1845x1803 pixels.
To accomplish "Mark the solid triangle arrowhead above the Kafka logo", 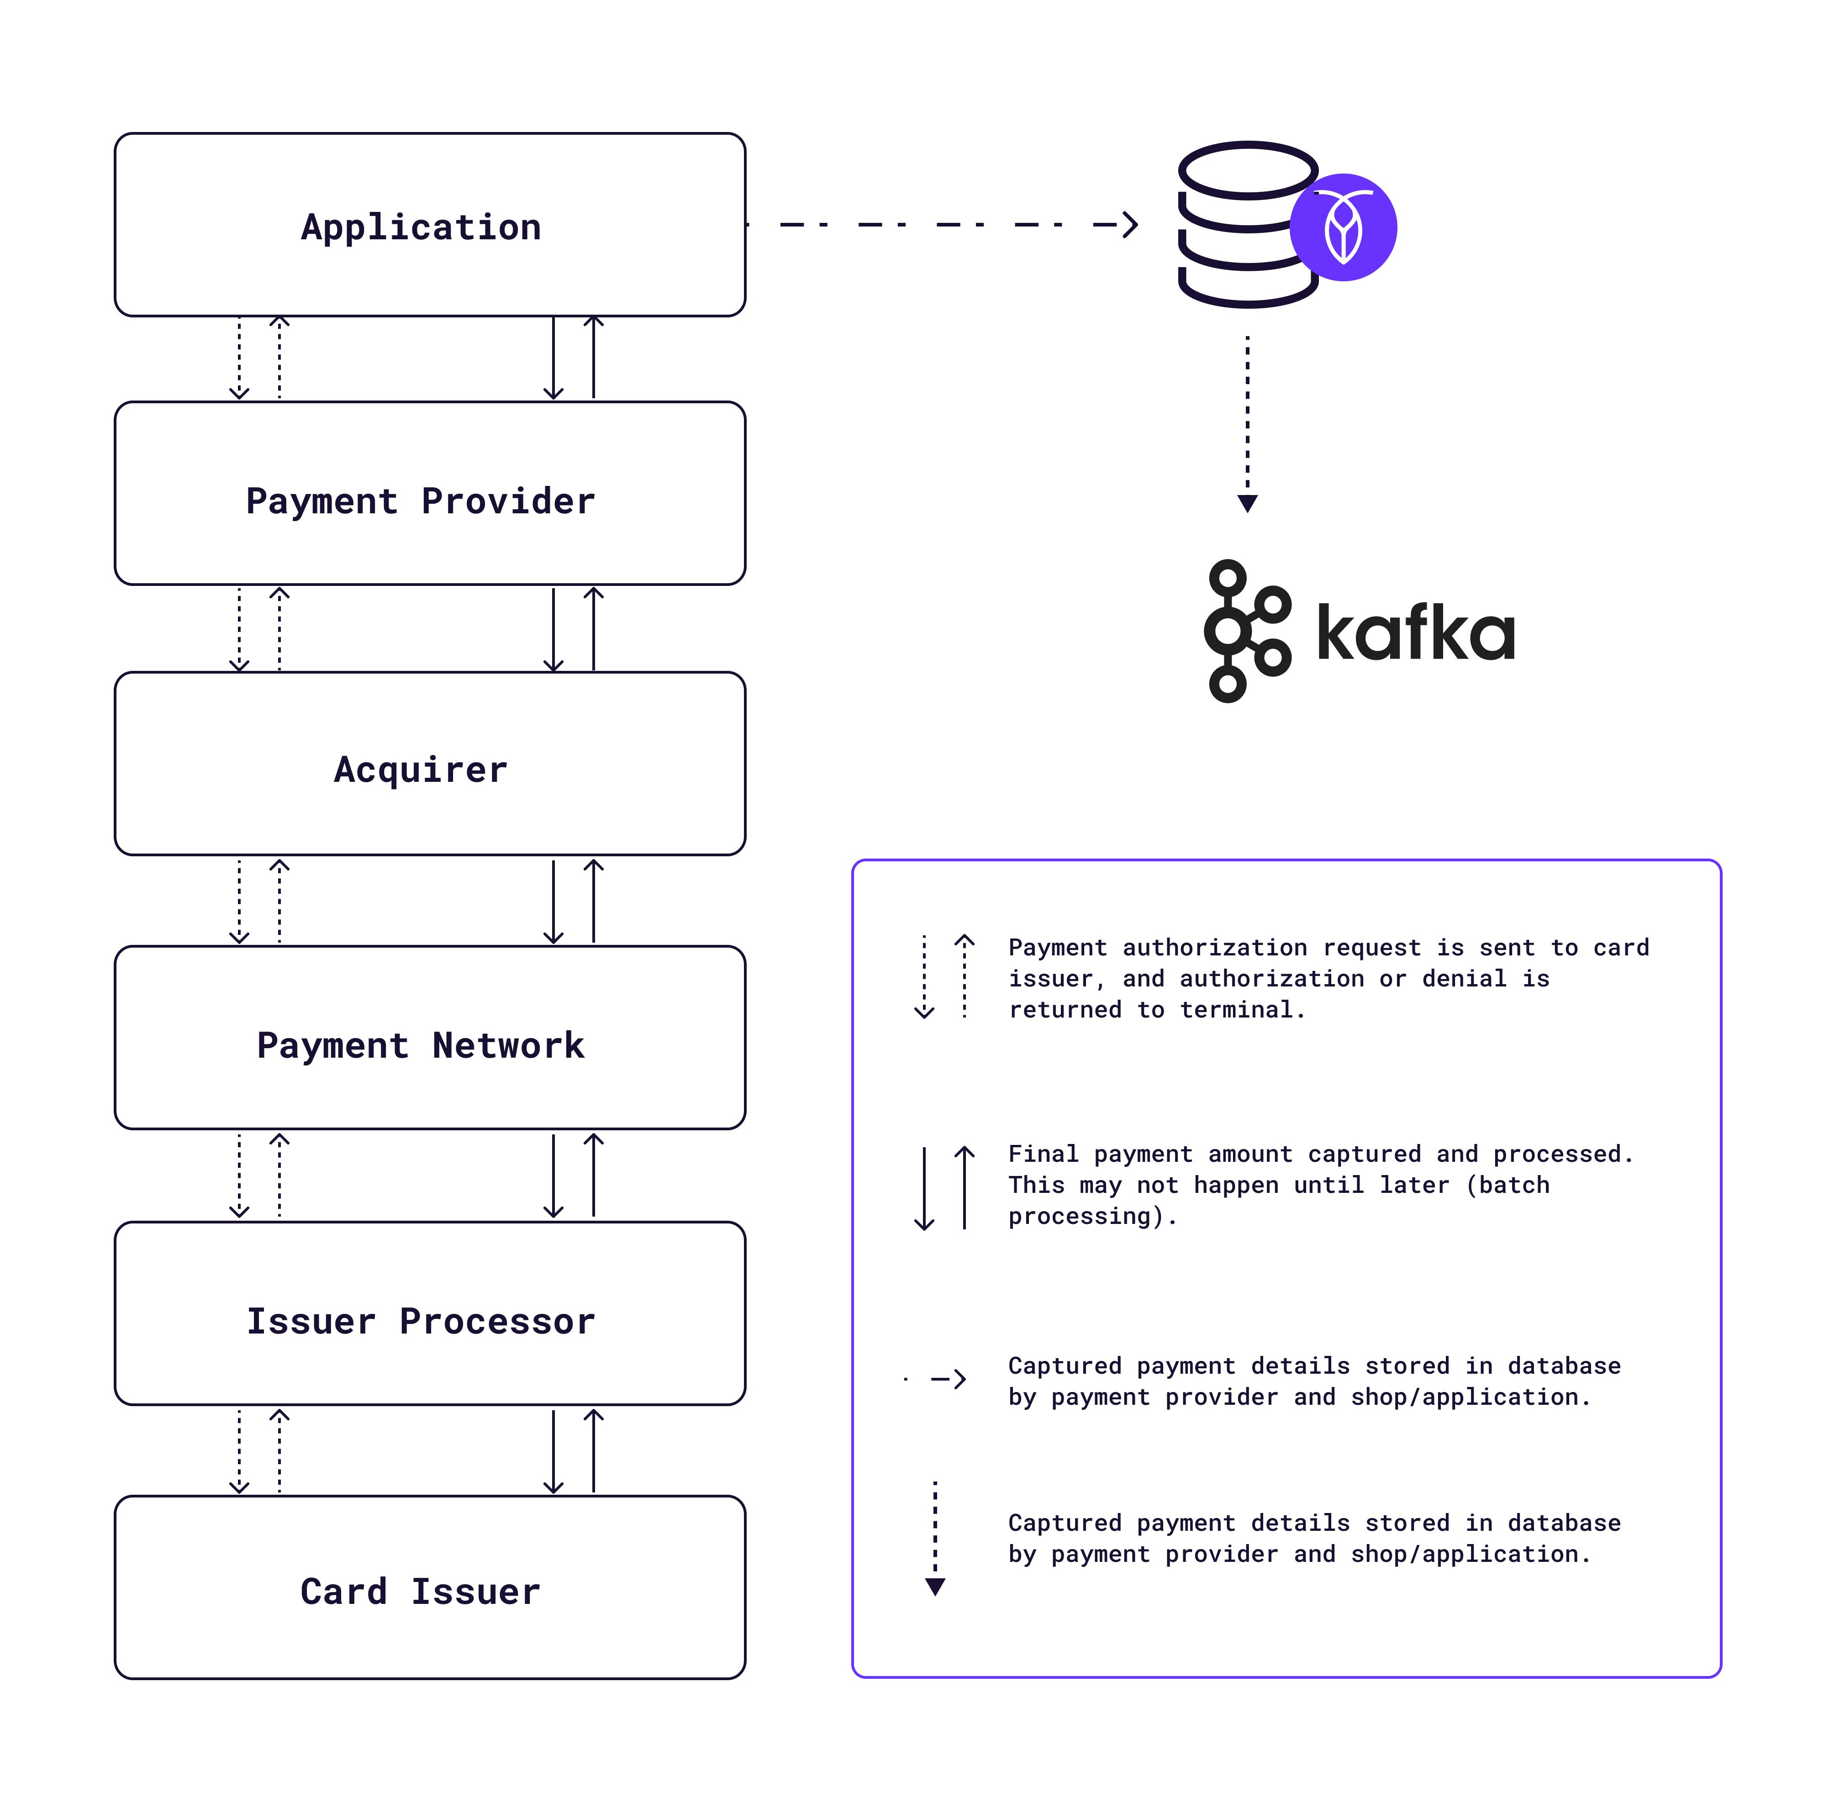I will (x=1247, y=503).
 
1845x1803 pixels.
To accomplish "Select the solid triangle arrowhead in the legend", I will (x=935, y=1586).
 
